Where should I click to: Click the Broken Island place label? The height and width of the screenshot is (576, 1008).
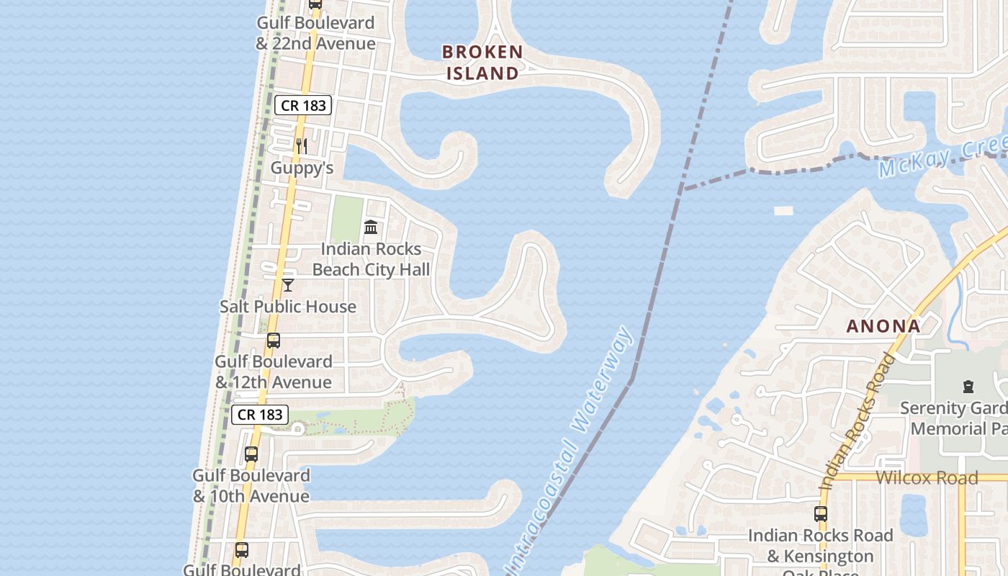[x=482, y=62]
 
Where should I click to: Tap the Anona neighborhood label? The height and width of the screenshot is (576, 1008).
[x=883, y=326]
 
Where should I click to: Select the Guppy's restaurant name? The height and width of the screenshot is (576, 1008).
[x=302, y=168]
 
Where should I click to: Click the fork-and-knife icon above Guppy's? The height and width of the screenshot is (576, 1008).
[x=302, y=146]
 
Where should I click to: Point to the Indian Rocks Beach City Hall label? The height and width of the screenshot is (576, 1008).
[x=371, y=259]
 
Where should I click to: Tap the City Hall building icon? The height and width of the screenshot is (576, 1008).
[x=371, y=228]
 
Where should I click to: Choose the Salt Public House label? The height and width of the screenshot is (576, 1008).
[x=288, y=306]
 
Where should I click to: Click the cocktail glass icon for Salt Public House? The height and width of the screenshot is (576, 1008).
[x=288, y=285]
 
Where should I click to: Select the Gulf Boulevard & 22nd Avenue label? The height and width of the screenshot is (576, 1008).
[x=315, y=33]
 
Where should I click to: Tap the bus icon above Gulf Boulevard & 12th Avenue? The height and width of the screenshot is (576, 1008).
[x=274, y=341]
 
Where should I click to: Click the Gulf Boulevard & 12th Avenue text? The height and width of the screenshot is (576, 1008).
[x=274, y=372]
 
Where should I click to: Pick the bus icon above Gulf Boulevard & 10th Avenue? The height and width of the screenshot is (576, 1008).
[x=251, y=454]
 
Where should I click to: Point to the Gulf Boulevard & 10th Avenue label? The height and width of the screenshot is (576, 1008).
[x=251, y=485]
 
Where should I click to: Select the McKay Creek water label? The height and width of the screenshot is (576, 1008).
[x=940, y=160]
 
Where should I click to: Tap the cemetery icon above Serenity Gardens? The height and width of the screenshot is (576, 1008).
[x=968, y=387]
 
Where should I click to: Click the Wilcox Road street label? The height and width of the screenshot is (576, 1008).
[x=927, y=477]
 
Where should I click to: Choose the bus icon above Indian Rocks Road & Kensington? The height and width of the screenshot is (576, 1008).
[x=821, y=514]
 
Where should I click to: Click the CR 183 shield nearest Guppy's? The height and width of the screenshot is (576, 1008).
[x=302, y=105]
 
